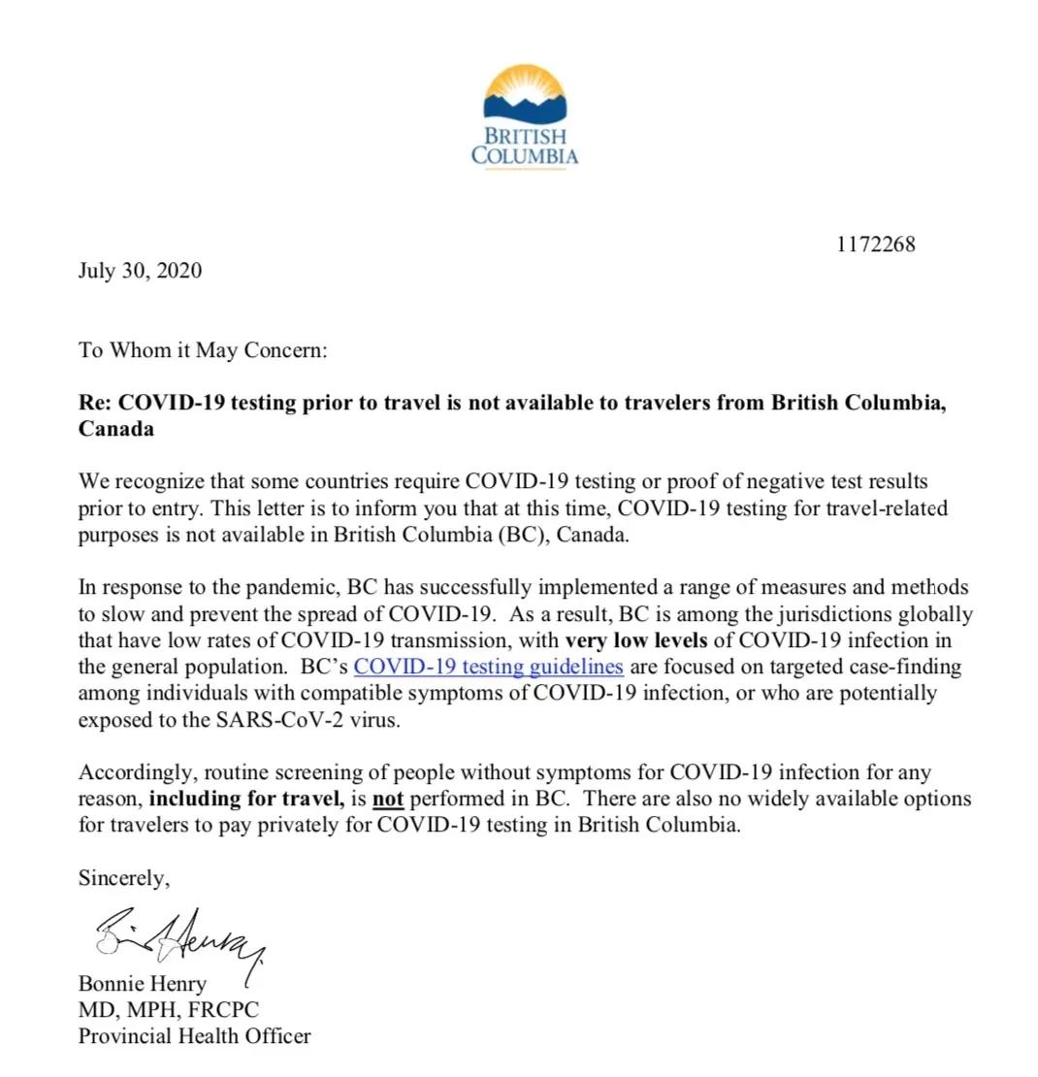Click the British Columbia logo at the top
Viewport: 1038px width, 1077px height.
[x=525, y=116]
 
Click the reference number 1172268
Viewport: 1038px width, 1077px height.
[x=875, y=245]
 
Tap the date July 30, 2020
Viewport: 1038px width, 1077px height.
[x=140, y=271]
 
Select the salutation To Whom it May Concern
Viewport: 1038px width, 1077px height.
[x=203, y=350]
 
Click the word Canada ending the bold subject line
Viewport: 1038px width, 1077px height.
[x=115, y=429]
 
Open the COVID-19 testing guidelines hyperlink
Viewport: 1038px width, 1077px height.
[x=488, y=667]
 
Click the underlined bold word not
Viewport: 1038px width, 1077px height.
[x=388, y=800]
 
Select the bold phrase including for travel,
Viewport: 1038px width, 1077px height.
[x=245, y=800]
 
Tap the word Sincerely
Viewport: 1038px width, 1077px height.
[x=123, y=878]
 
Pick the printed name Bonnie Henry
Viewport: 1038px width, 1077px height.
[x=142, y=984]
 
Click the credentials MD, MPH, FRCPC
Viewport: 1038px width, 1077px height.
[x=168, y=1010]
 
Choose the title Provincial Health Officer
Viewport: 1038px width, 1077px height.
[x=194, y=1036]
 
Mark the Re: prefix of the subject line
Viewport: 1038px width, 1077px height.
[x=95, y=403]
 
